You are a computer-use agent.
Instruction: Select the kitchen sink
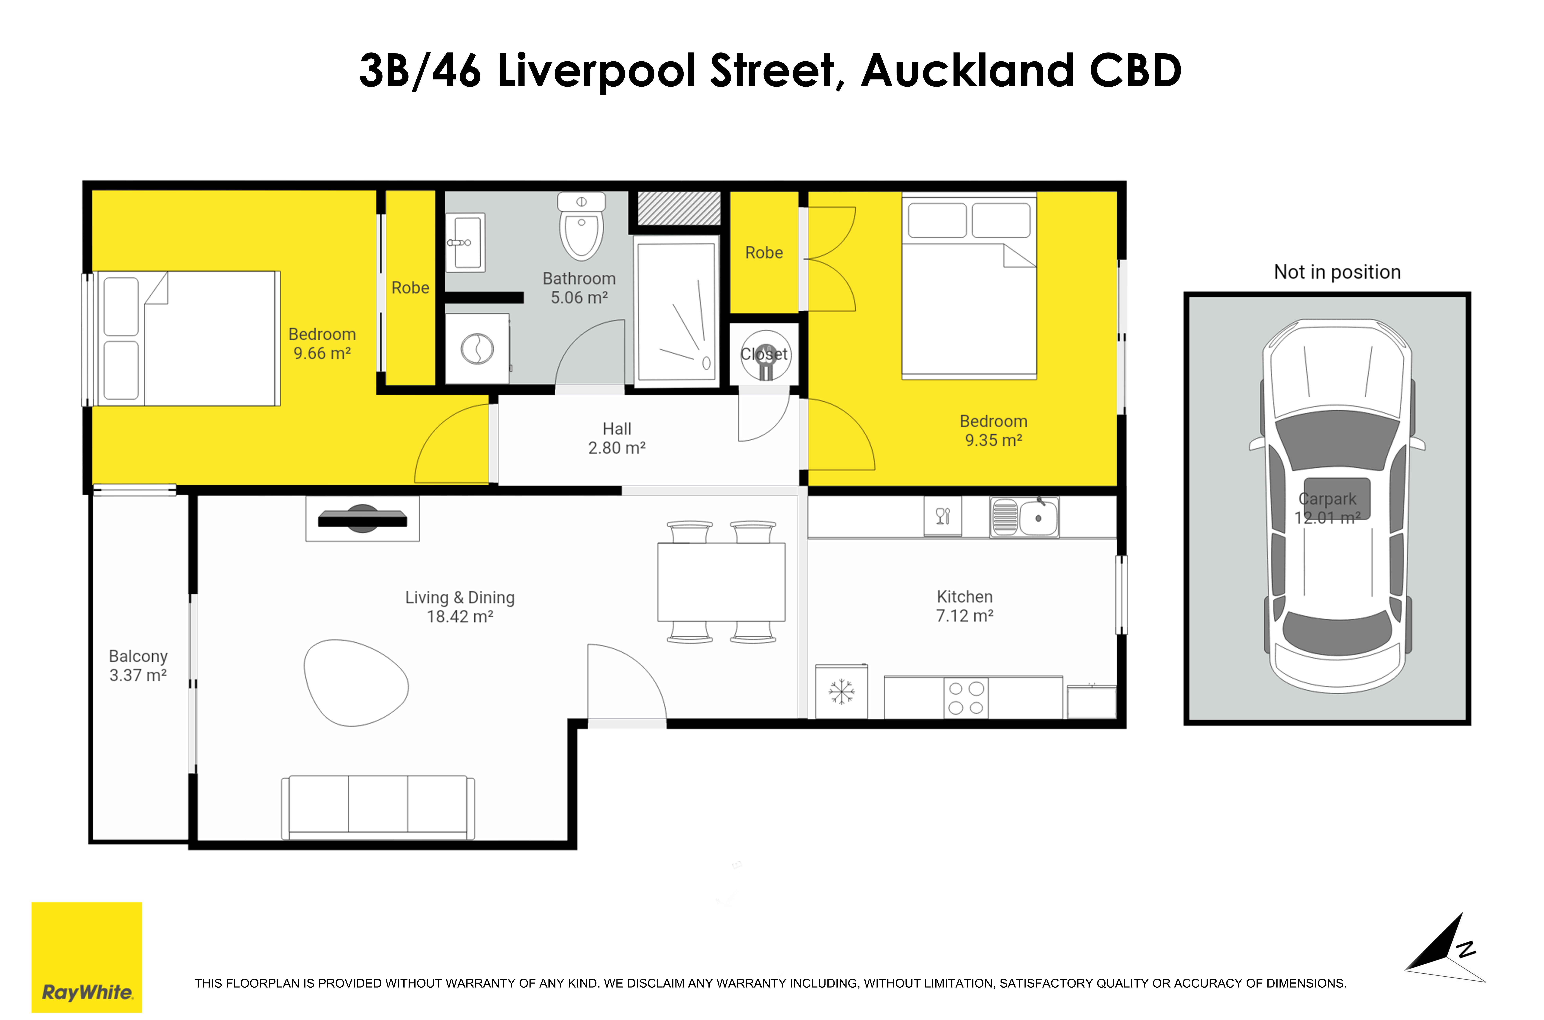(1025, 517)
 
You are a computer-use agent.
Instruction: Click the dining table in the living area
(721, 582)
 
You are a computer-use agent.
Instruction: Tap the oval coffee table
(355, 683)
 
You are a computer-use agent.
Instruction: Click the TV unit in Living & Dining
(362, 518)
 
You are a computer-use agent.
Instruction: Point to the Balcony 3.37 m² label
(138, 665)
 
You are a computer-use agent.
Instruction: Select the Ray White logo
(87, 957)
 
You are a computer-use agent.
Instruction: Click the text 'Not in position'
(1337, 272)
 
